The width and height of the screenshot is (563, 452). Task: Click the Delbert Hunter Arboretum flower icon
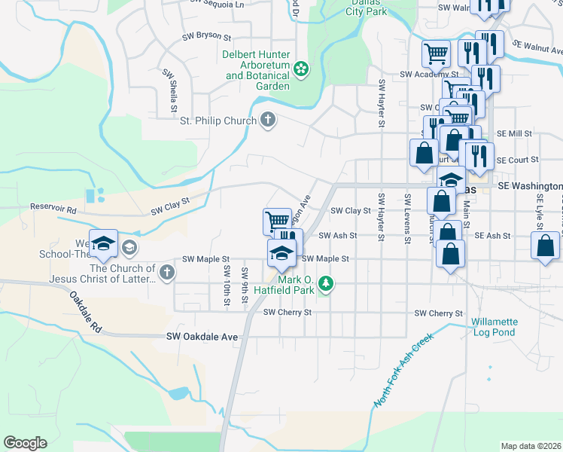coord(301,69)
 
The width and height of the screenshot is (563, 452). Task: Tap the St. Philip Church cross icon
coord(267,119)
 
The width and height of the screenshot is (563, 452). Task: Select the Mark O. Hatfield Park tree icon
coord(326,284)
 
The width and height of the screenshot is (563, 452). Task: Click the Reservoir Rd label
coord(53,208)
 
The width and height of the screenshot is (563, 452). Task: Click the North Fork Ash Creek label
coord(403,371)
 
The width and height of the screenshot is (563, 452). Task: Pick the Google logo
coord(25,443)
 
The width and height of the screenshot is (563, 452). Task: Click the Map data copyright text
coord(530,446)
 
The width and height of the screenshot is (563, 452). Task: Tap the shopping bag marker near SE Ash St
coord(545,247)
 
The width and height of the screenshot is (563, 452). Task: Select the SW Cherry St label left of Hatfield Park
coord(287,312)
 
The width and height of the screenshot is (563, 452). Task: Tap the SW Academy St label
coord(429,75)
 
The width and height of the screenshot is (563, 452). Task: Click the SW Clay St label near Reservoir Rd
coord(169,202)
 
